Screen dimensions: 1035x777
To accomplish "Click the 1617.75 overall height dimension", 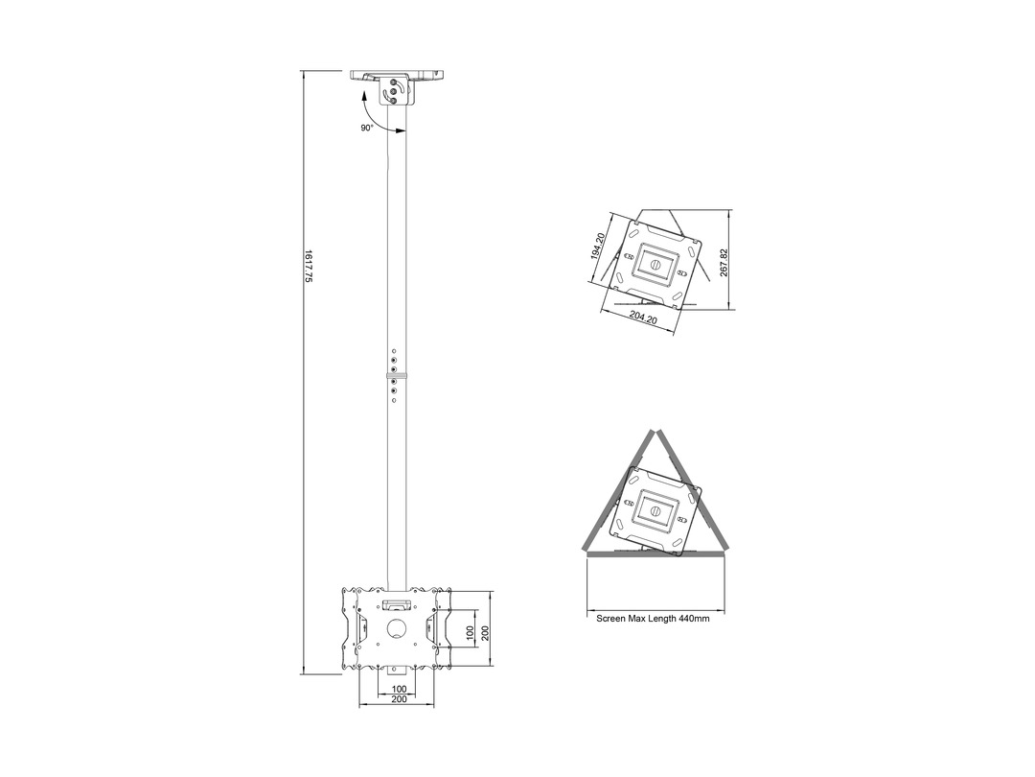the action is [308, 267].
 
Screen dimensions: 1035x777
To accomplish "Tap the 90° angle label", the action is [367, 128].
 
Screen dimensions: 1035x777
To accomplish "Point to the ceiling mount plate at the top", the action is [397, 75].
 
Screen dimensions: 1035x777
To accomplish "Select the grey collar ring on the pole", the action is [397, 376].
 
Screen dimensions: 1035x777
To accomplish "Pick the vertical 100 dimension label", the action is [470, 633].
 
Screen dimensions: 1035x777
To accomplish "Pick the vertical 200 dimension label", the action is [485, 633].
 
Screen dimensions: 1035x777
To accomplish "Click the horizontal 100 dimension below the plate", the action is [400, 689].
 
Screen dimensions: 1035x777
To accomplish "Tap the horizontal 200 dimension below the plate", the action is [400, 699].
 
